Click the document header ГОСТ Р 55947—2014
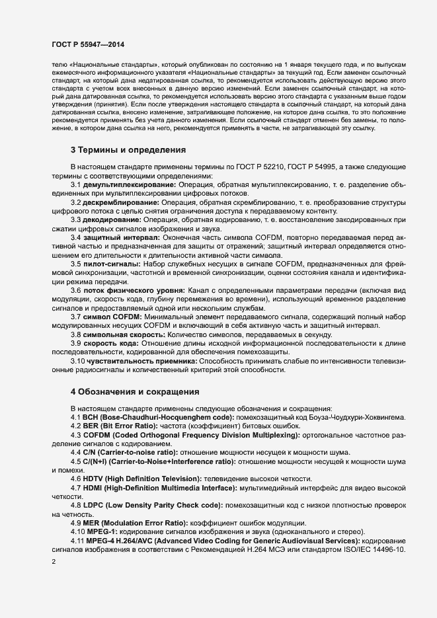coord(87,44)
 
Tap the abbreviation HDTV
coord(93,478)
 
